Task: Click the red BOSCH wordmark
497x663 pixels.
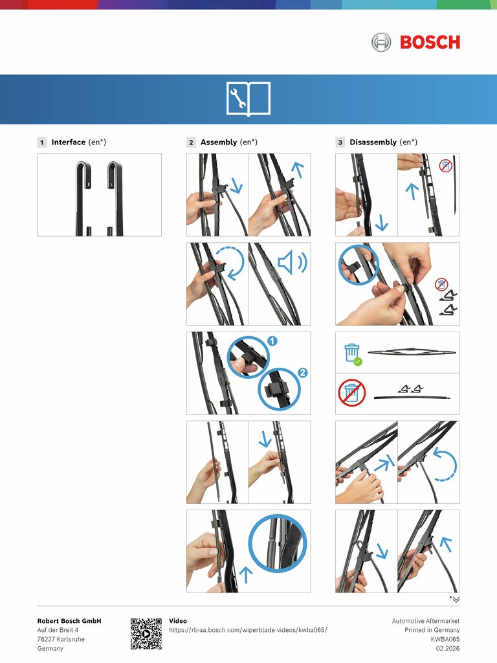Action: point(430,42)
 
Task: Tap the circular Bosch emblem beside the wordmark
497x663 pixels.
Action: point(381,42)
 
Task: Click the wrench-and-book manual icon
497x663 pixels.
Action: point(248,99)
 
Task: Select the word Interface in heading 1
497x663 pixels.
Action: point(69,142)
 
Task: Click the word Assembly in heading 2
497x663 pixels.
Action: point(219,142)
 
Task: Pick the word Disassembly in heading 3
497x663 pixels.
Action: point(373,142)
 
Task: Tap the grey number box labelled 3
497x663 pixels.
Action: point(340,142)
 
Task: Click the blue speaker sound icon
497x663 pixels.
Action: point(293,262)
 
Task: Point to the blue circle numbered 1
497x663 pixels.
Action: point(272,341)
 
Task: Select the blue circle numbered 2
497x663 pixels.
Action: point(303,372)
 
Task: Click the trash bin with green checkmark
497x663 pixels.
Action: point(353,354)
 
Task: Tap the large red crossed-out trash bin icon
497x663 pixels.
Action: point(351,393)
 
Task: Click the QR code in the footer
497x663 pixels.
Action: point(146,634)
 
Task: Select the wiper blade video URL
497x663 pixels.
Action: point(248,630)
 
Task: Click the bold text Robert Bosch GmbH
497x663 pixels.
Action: point(69,621)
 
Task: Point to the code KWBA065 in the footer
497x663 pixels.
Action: point(445,639)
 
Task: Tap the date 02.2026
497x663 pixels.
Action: point(448,648)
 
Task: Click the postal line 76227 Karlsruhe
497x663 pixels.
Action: point(61,639)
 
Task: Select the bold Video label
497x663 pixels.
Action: point(178,621)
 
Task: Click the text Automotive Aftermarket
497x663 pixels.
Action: point(426,621)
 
